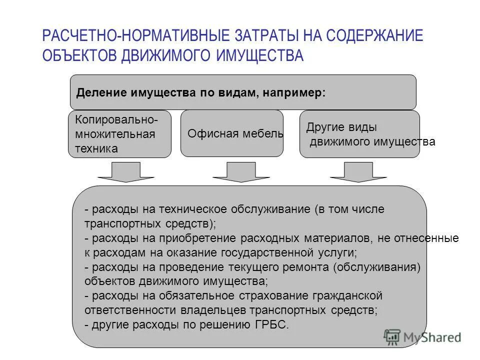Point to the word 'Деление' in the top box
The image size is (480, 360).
tap(100, 93)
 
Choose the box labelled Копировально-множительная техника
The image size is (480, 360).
tap(119, 134)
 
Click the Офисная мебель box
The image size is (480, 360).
tap(231, 133)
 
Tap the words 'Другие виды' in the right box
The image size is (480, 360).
tap(341, 127)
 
